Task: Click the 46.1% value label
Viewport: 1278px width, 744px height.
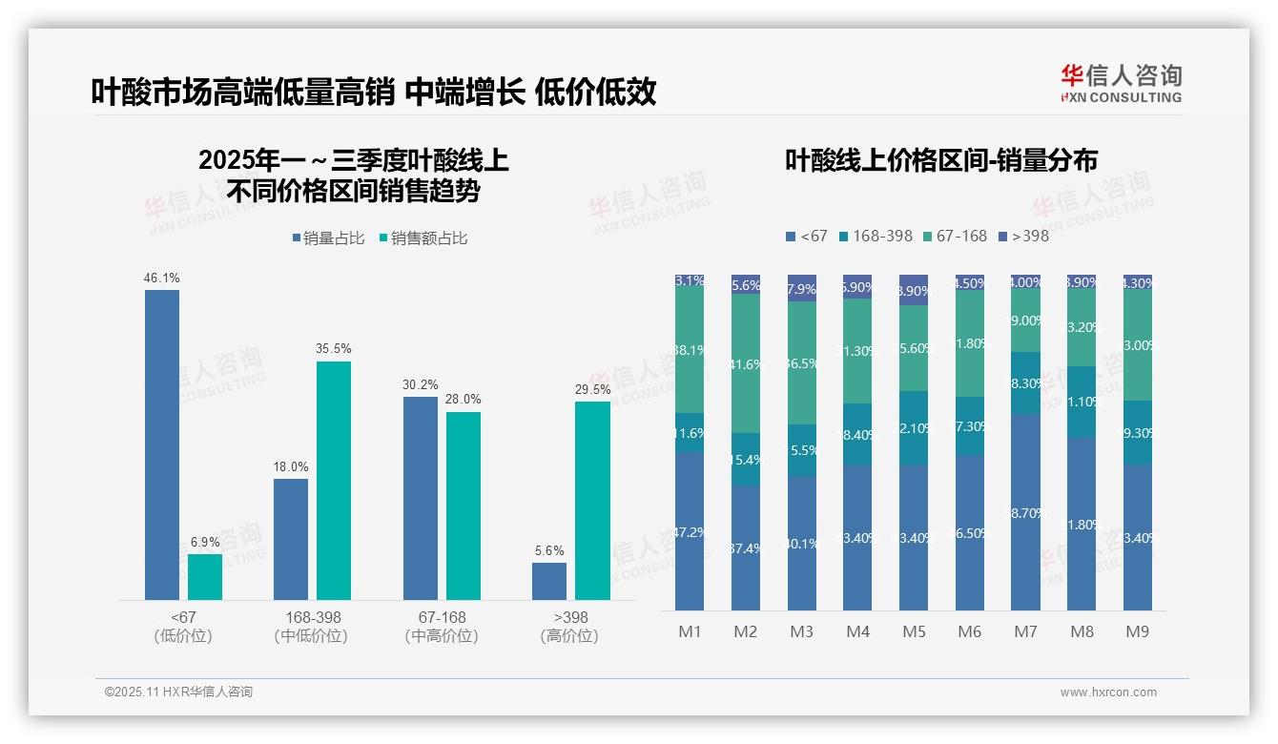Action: pyautogui.click(x=162, y=279)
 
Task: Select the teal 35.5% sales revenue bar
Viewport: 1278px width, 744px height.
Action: pyautogui.click(x=334, y=481)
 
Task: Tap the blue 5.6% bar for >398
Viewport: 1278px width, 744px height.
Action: pyautogui.click(x=549, y=581)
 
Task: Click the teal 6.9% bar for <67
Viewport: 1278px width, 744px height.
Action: pyautogui.click(x=205, y=577)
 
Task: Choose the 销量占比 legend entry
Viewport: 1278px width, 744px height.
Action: pyautogui.click(x=328, y=238)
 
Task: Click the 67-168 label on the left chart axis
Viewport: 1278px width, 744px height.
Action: pyautogui.click(x=443, y=617)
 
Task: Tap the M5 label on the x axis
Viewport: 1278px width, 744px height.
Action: pyautogui.click(x=914, y=631)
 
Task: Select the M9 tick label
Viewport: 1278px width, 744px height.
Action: pyautogui.click(x=1138, y=631)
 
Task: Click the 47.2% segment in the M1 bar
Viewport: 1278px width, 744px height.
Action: pyautogui.click(x=690, y=531)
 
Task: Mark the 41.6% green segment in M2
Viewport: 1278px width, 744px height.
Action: pyautogui.click(x=746, y=363)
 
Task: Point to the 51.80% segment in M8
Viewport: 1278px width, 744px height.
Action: pyautogui.click(x=1082, y=524)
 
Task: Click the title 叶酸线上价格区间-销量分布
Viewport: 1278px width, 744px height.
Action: pyautogui.click(x=941, y=160)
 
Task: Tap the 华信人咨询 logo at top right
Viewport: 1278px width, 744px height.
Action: pyautogui.click(x=1121, y=82)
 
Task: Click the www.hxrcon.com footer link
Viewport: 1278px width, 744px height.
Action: pyautogui.click(x=1108, y=692)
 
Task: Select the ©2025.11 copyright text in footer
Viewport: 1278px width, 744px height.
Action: pyautogui.click(x=179, y=692)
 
